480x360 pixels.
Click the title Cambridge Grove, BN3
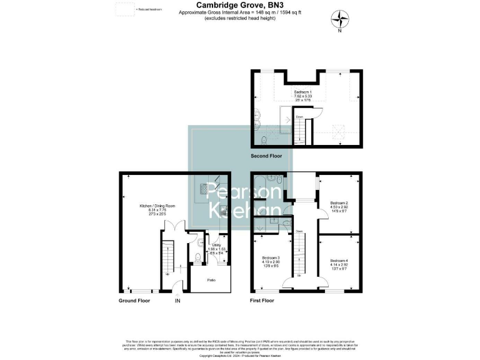tap(239, 5)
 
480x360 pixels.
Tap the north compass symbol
tap(339, 18)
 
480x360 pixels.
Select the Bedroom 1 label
tap(302, 94)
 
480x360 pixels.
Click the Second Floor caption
tap(266, 156)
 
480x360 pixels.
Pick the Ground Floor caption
tap(134, 301)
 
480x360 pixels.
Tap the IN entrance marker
tap(177, 301)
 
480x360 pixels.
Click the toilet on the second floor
tap(263, 139)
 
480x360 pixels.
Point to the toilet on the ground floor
tap(197, 257)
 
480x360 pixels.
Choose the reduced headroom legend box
tap(125, 9)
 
